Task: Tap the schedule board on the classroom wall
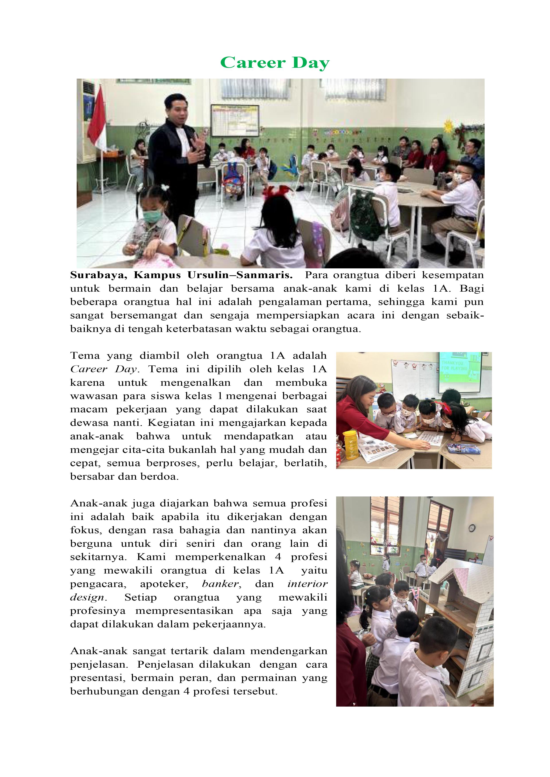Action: [x=235, y=120]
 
